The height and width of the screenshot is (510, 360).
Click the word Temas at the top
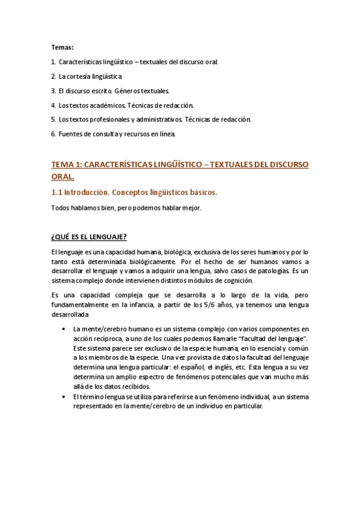[61, 47]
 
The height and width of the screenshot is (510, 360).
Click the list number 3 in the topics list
[53, 91]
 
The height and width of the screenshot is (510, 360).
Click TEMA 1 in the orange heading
[66, 164]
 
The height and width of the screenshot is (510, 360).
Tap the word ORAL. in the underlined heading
[63, 177]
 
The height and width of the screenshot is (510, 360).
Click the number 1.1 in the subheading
[58, 192]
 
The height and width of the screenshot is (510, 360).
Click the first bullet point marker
[64, 329]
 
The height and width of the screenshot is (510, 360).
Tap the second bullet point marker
[64, 397]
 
